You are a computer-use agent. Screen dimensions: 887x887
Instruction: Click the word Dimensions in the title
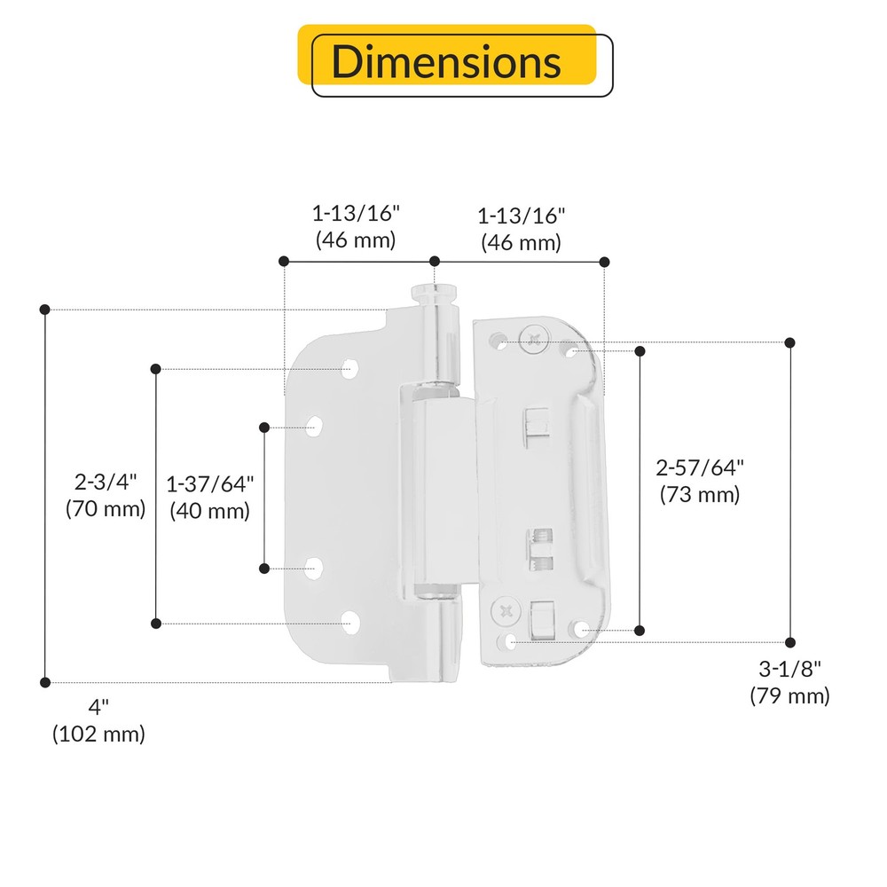446,62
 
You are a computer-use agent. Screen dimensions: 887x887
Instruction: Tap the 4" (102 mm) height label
98,720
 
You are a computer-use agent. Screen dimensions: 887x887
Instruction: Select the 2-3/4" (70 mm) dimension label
105,495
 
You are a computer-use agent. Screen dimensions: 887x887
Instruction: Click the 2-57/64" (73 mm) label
699,481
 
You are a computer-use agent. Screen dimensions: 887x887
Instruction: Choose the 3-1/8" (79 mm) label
789,682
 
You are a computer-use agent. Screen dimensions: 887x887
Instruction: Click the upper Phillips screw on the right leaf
534,338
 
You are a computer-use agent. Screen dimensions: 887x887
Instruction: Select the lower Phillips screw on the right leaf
506,609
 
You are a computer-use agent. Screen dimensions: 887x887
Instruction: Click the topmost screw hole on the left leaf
352,368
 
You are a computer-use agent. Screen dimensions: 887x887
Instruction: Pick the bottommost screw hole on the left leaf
352,624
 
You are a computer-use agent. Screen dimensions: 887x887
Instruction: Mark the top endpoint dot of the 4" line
44,309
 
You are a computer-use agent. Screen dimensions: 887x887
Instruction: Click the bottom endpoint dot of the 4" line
44,682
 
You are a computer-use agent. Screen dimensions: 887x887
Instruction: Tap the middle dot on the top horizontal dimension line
435,261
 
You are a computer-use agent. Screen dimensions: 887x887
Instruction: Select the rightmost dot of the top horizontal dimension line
605,261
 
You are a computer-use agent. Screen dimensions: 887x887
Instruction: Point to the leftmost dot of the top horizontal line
284,261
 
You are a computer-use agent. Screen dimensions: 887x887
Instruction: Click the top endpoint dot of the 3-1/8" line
789,342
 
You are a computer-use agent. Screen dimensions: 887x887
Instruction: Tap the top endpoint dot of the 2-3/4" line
156,368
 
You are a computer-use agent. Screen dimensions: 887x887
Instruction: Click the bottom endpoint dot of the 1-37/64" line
264,568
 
